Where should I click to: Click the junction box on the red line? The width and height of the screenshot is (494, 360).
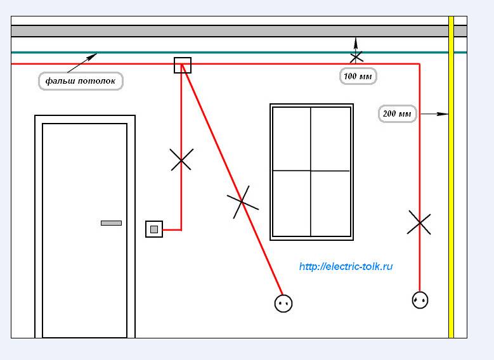(183, 65)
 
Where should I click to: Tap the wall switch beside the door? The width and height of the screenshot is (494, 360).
(154, 229)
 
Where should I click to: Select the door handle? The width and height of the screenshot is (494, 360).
(111, 222)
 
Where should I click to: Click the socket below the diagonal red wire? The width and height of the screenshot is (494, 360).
(283, 304)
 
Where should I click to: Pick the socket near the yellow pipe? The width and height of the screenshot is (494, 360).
(420, 299)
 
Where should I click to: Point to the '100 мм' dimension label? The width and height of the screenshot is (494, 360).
(358, 76)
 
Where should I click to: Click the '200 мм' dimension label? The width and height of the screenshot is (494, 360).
(398, 114)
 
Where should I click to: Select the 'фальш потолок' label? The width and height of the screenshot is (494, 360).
(80, 81)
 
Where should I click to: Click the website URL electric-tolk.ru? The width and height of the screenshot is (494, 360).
(346, 266)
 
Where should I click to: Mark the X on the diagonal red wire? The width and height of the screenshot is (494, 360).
(242, 202)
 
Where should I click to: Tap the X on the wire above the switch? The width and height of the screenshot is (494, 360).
(181, 160)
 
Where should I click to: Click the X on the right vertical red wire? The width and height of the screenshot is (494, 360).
(419, 222)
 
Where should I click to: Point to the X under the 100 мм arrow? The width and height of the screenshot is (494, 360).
(356, 57)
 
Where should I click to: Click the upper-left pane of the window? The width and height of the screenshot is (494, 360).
(292, 139)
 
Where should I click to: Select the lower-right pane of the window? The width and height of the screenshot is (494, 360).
(330, 203)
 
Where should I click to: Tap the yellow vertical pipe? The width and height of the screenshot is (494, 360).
(451, 190)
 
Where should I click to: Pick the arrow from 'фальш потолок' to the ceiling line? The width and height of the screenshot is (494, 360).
(81, 63)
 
